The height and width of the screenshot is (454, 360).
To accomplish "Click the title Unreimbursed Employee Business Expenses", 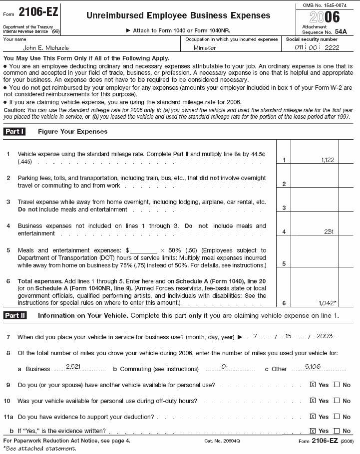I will (x=178, y=15).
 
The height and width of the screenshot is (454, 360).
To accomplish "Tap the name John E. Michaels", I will (x=46, y=48).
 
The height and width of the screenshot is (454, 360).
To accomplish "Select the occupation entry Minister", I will (x=205, y=48).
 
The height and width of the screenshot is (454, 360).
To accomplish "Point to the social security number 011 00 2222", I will (x=318, y=47).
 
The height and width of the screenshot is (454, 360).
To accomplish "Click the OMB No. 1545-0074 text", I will (x=325, y=5).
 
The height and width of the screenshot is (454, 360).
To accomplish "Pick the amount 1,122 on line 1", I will (x=328, y=160).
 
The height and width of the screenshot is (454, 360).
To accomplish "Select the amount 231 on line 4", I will (x=329, y=231).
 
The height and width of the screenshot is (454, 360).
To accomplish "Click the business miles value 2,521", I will (x=74, y=367).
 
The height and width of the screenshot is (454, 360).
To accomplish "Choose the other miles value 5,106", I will (x=313, y=367).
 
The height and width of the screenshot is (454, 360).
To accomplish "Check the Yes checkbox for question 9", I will (x=313, y=385).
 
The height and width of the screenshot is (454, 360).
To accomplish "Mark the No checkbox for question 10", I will (x=337, y=401).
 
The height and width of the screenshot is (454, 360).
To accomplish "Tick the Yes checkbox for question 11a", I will (x=313, y=417).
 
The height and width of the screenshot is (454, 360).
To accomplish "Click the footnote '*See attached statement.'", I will (x=40, y=449).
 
